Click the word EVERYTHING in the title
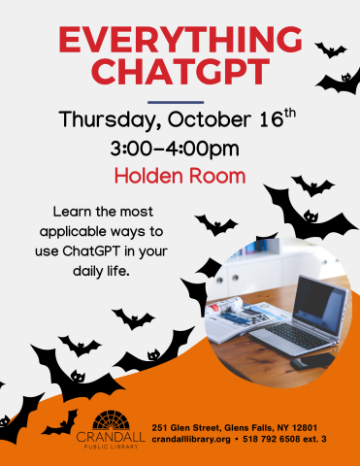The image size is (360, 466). pos(180,41)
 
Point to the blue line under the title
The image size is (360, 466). pos(175,101)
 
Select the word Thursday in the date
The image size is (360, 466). pos(103,122)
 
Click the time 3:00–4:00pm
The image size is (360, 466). pos(176,150)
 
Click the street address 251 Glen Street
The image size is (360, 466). pos(188,427)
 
